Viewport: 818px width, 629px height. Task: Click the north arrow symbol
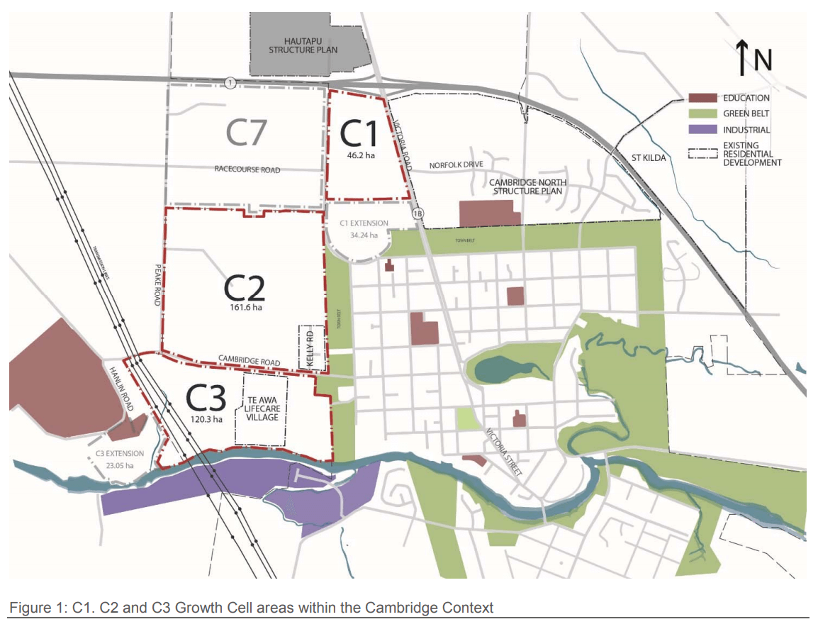pos(741,58)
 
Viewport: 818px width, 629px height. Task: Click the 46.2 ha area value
pos(362,155)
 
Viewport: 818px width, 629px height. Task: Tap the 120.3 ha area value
pos(206,419)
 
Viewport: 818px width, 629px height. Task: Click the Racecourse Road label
pos(247,170)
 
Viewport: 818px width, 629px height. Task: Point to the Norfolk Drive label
pos(456,165)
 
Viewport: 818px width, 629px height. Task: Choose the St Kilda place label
pos(649,157)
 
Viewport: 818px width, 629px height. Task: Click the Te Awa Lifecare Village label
pos(262,408)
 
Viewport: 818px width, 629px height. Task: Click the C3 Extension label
pos(120,454)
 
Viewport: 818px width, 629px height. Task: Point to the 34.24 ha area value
pos(364,235)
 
